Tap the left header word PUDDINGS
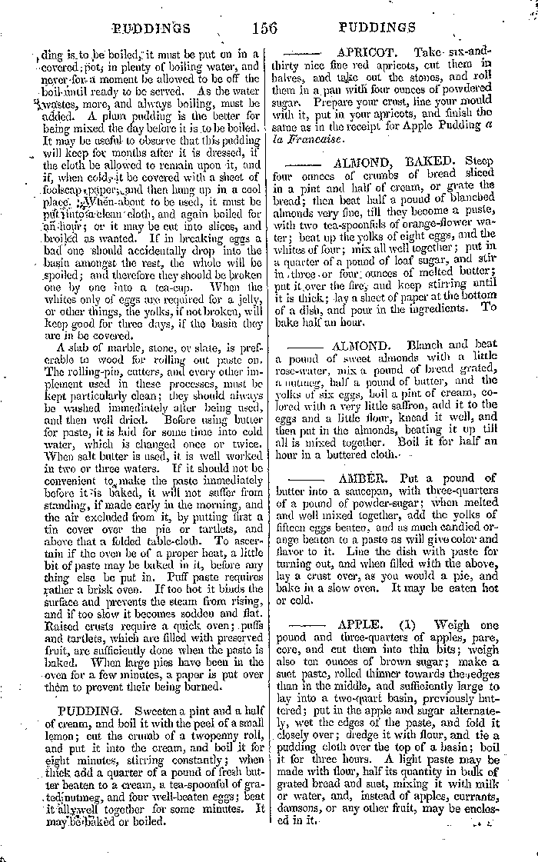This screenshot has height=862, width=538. pyautogui.click(x=150, y=29)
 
